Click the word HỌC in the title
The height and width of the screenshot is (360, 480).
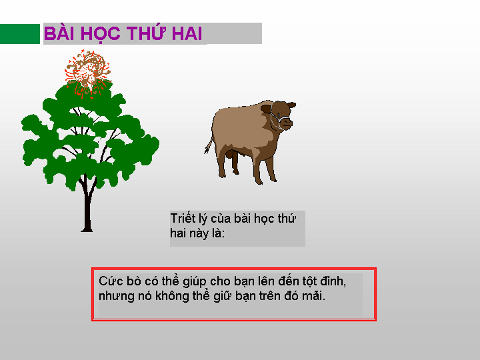tap(101, 34)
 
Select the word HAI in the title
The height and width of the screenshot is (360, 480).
tap(187, 33)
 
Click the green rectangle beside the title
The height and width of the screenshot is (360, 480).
tap(20, 34)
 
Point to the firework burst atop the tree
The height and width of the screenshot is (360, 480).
tap(87, 73)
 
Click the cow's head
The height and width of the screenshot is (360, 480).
tap(279, 115)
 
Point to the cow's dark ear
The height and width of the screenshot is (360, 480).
tap(266, 109)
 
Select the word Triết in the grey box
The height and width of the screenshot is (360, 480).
tap(183, 219)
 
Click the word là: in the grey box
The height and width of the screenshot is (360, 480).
tap(217, 233)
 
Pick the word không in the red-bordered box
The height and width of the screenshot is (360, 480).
tap(172, 296)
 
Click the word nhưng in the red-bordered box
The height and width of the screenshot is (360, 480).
tap(116, 297)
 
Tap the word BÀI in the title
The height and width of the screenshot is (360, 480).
tap(60, 33)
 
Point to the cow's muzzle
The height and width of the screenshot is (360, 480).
tap(287, 123)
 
